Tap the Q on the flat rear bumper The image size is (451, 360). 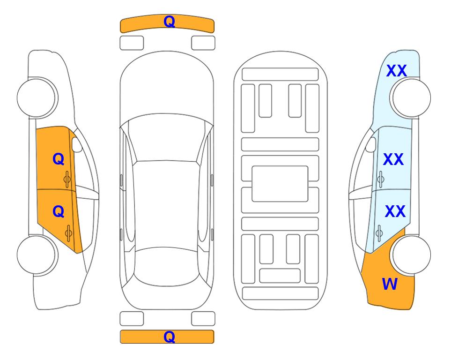point(169,337)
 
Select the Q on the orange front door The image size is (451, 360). point(58,159)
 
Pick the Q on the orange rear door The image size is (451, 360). point(58,212)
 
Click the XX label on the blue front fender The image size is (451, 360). point(396,71)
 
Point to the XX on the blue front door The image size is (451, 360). point(393,159)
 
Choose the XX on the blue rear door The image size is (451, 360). point(395,211)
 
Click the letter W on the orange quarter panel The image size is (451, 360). point(390,284)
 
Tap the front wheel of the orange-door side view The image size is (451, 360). point(37,98)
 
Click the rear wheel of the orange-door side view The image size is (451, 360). point(37,255)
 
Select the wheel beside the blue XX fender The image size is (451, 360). point(411,98)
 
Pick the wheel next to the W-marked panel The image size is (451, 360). point(411,255)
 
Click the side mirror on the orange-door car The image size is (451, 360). point(76,144)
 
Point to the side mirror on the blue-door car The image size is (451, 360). point(371,144)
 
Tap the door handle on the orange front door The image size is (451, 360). point(67,179)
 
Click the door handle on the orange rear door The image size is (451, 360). point(68,233)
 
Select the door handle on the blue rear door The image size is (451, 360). point(379,233)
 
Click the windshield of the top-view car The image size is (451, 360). point(167,138)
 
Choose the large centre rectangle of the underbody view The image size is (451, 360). point(280,184)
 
